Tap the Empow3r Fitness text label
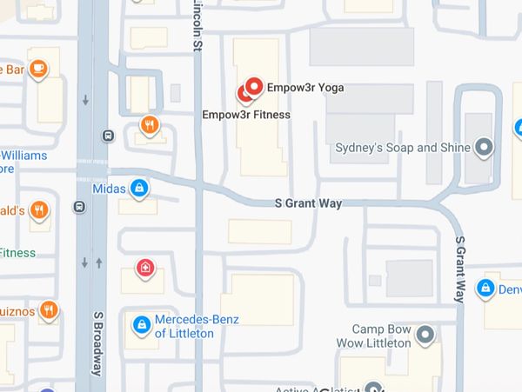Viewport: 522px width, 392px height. (246, 114)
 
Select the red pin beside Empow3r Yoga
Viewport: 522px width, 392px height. (254, 86)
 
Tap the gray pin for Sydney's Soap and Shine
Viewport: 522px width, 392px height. (485, 147)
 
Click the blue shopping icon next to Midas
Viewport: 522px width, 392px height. (138, 187)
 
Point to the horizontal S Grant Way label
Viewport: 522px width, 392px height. (307, 203)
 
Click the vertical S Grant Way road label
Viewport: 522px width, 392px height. (459, 269)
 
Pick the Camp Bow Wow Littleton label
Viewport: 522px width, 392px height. (380, 336)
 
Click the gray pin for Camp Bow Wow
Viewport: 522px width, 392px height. (425, 335)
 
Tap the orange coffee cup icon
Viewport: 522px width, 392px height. (38, 69)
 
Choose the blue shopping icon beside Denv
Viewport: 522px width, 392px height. (486, 288)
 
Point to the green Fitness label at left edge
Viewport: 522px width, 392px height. (17, 253)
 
